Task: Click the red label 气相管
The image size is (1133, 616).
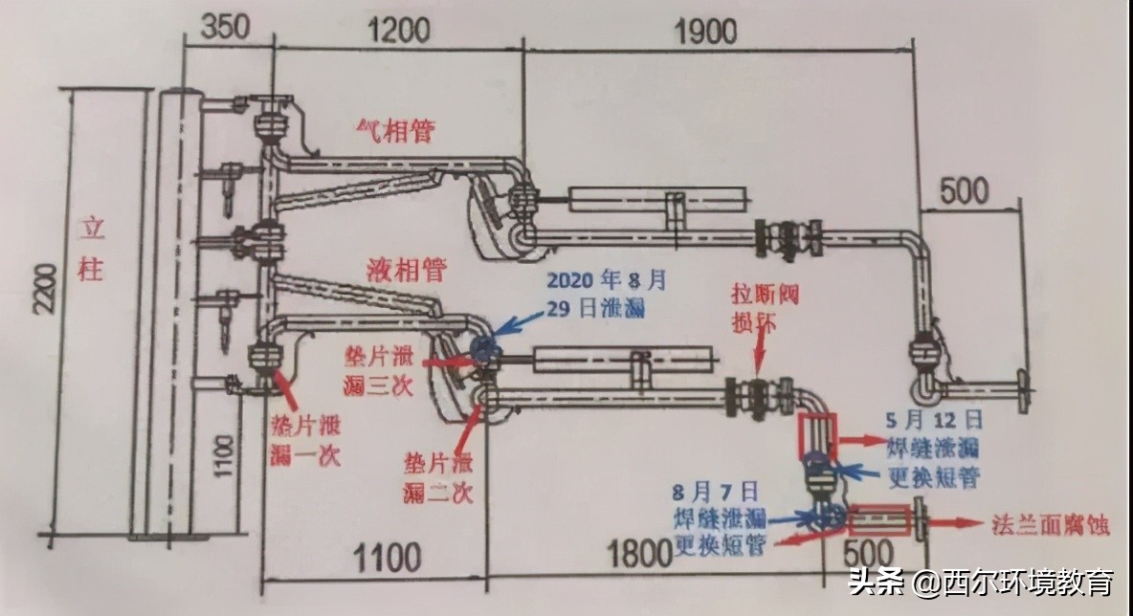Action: click(x=394, y=130)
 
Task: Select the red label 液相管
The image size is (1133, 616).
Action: click(x=407, y=270)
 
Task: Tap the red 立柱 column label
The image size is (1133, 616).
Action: click(x=91, y=250)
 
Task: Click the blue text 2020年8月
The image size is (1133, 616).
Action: click(x=605, y=281)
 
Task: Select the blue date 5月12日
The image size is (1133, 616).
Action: click(x=946, y=418)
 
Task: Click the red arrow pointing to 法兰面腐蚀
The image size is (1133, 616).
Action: click(x=957, y=524)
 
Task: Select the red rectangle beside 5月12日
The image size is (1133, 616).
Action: click(x=817, y=435)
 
